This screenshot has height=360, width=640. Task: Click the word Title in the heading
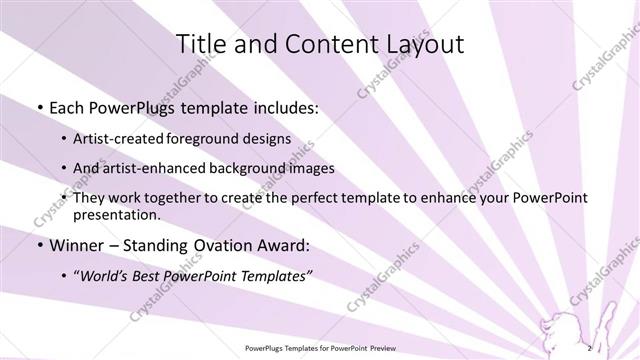pyautogui.click(x=200, y=45)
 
